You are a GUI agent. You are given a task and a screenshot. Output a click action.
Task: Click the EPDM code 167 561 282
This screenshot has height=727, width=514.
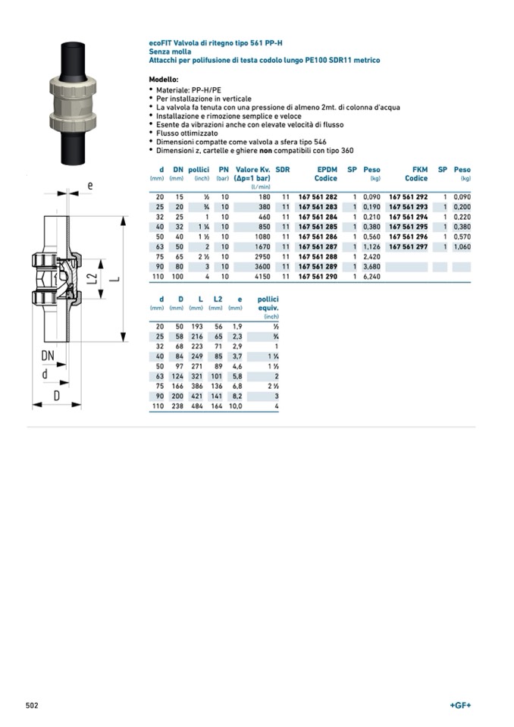(x=318, y=196)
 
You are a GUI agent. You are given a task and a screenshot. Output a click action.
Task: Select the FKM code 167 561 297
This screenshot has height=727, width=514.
(x=408, y=246)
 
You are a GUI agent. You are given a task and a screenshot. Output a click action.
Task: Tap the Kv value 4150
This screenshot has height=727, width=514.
(x=262, y=277)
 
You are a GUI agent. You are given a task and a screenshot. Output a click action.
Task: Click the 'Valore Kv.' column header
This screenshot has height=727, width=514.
(x=253, y=170)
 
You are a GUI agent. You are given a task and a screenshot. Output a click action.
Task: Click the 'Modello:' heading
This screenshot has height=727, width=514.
(x=164, y=79)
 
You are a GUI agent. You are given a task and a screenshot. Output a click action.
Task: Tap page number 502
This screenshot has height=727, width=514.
(x=32, y=705)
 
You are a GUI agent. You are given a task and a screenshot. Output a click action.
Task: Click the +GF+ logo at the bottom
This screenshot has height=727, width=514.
(x=460, y=705)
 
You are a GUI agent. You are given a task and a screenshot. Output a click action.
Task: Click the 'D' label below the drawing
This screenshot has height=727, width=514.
(x=56, y=396)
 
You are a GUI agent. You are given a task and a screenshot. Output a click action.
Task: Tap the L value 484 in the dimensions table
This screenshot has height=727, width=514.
(x=197, y=406)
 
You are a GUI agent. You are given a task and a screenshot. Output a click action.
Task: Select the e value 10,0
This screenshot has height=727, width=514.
(x=235, y=406)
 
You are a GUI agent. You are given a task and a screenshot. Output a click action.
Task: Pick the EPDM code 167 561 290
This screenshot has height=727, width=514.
(x=318, y=277)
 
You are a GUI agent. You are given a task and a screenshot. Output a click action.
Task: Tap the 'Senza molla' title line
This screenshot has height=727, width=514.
(x=170, y=52)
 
